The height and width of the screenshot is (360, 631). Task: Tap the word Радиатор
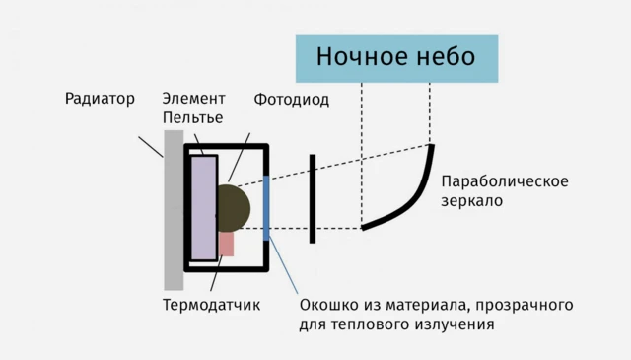pyautogui.click(x=100, y=99)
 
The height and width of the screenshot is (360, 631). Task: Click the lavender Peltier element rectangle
pyautogui.click(x=204, y=207)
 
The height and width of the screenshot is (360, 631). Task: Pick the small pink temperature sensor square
pyautogui.click(x=227, y=244)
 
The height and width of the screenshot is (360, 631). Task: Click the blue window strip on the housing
pyautogui.click(x=267, y=207)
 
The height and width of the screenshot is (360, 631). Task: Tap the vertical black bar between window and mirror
pyautogui.click(x=312, y=197)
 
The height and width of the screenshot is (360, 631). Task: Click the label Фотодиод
pyautogui.click(x=291, y=100)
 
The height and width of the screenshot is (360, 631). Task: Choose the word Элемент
pyautogui.click(x=193, y=99)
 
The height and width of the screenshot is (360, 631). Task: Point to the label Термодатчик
pyautogui.click(x=211, y=304)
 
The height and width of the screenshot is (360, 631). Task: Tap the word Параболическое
pyautogui.click(x=505, y=181)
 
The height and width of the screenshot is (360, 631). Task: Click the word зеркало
pyautogui.click(x=472, y=201)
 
